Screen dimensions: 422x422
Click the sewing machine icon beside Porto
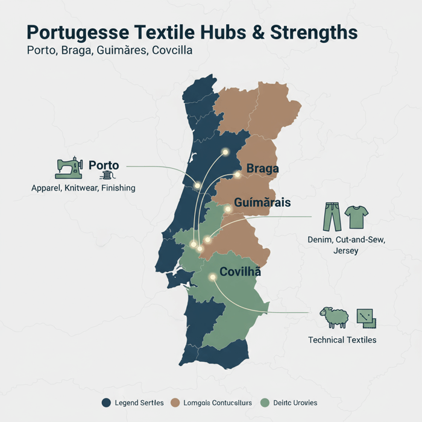click(69, 168)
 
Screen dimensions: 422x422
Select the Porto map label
click(104, 165)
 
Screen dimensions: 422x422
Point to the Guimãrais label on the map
click(263, 203)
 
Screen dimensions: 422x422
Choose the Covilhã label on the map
click(240, 271)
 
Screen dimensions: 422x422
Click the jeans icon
click(332, 217)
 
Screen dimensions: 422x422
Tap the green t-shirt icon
click(357, 216)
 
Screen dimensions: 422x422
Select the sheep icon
click(334, 317)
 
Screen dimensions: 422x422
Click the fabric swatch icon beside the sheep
click(366, 318)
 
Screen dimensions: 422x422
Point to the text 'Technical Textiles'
click(342, 340)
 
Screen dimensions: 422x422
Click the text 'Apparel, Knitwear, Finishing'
click(83, 188)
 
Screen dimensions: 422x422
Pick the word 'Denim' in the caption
click(312, 241)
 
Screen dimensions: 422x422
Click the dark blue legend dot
click(107, 403)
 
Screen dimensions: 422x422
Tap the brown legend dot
click(177, 403)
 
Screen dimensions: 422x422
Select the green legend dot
click(265, 403)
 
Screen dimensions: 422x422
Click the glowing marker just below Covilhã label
click(212, 278)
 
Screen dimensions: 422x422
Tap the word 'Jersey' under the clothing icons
click(345, 250)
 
